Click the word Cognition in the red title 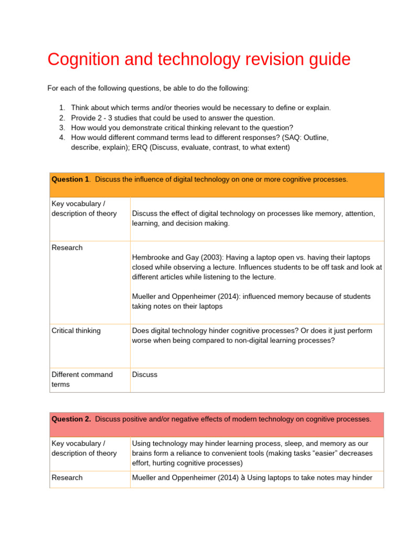pyautogui.click(x=82, y=60)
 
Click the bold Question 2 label pyautogui.click(x=71, y=419)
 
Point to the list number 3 pyautogui.click(x=62, y=127)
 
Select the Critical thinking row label pyautogui.click(x=76, y=331)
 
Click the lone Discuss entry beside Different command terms pyautogui.click(x=145, y=374)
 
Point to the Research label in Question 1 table pyautogui.click(x=67, y=248)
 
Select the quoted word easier pyautogui.click(x=313, y=453)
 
